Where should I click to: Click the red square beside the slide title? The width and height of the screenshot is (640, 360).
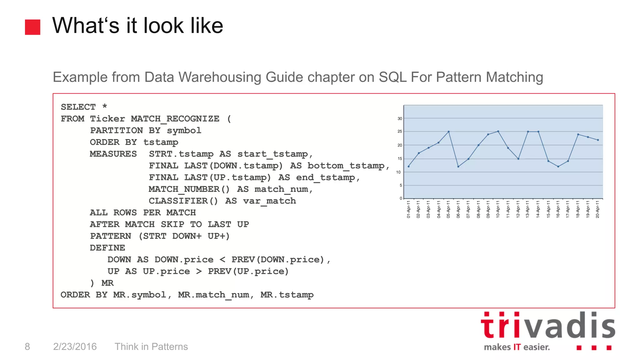coord(32,27)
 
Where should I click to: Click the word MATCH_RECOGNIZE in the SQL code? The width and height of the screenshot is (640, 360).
coord(175,119)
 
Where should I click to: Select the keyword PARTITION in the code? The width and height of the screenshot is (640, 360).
coord(116,131)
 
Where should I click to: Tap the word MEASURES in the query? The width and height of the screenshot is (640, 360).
coord(113,154)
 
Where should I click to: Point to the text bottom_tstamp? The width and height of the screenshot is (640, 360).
coord(346,166)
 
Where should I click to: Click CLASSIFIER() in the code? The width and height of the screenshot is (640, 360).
coord(183,201)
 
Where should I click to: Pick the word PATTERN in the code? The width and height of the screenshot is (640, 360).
coord(110,236)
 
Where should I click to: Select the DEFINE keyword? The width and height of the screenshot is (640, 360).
coord(107,248)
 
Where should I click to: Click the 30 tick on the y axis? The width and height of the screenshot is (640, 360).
coord(400,119)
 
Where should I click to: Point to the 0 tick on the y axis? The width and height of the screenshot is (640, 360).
coord(401,198)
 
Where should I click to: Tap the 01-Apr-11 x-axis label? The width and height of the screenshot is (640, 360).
coord(408,209)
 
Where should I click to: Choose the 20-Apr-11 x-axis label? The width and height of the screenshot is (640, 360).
coord(597,209)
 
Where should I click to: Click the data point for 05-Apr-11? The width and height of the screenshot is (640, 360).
coord(449,132)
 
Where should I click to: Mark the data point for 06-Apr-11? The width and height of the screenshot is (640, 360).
coord(458,167)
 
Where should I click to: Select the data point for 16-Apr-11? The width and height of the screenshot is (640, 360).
coord(558,167)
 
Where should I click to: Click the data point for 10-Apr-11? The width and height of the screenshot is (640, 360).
coord(498,131)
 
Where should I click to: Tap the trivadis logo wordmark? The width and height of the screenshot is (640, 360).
coord(548,326)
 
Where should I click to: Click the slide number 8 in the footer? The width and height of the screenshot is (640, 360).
coord(27,347)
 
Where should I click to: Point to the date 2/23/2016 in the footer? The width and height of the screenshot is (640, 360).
coord(75,347)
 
